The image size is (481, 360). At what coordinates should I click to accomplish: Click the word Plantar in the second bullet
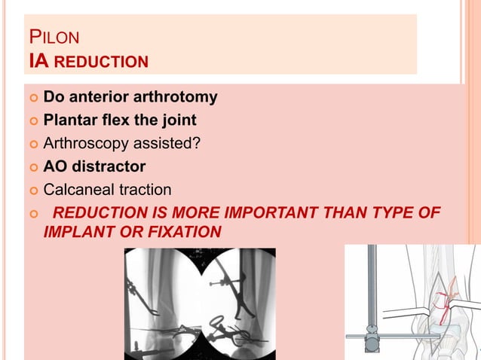70,120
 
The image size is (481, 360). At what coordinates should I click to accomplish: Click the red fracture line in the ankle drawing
449,294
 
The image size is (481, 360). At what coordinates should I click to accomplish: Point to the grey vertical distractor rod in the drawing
371,294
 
